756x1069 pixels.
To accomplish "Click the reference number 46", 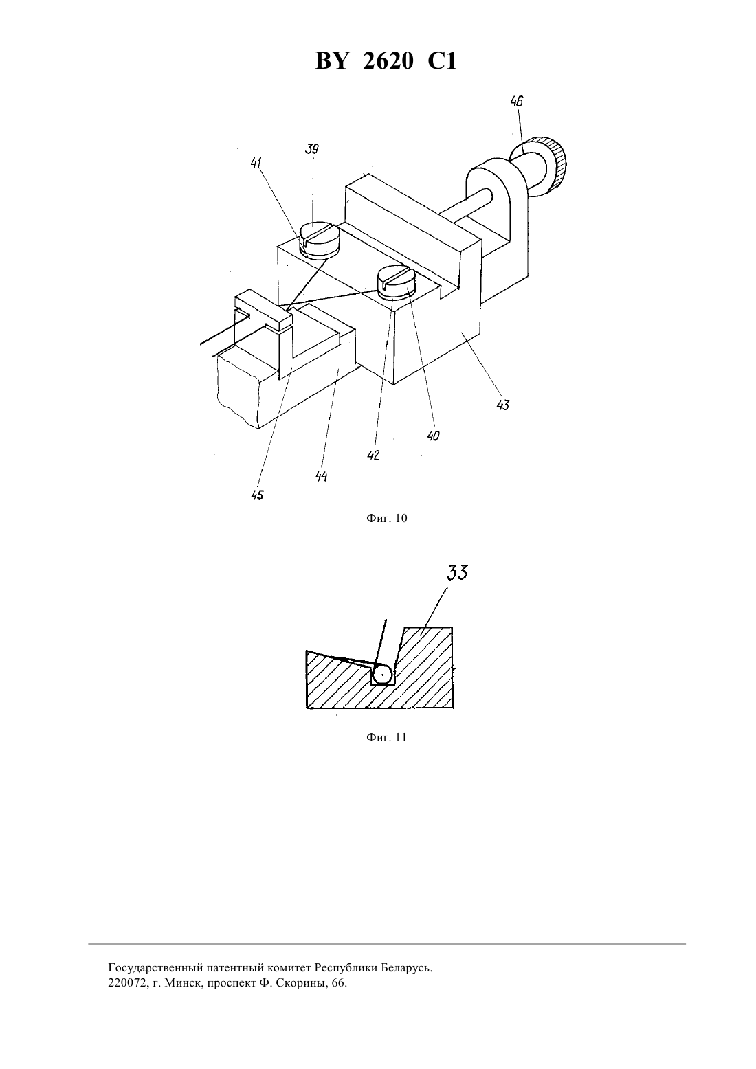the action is pos(517,102).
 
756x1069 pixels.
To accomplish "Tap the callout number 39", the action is pos(312,149).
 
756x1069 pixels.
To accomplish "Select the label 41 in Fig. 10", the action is pos(256,163).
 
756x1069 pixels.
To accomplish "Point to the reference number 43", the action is pos(503,405).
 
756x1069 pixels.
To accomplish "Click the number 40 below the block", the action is pos(434,436).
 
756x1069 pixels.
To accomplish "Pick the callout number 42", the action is pos(373,455).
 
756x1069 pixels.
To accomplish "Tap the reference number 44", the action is pos(321,476).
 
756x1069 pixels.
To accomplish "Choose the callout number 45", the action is pos(257,495).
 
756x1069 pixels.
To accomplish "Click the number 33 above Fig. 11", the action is pos(457,573).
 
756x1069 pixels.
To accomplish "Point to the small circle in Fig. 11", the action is pos(383,675).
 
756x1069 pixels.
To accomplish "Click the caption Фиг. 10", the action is pos(386,518).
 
